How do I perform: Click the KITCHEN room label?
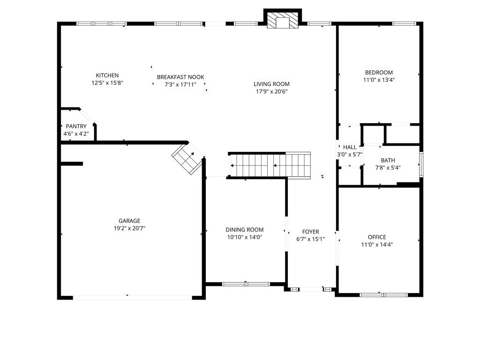pos(107,75)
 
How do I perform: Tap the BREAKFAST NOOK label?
pos(180,77)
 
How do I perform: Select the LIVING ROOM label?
pos(271,84)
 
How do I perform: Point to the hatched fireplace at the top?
pos(283,21)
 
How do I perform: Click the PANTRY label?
pos(76,127)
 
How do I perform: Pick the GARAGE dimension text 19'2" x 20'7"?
pos(129,228)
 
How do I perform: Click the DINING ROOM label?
pos(245,230)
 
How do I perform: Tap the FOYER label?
pos(310,232)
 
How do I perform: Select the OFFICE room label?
pos(377,237)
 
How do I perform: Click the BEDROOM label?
pos(379,73)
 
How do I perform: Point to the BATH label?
pos(388,160)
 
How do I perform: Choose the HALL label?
pos(350,147)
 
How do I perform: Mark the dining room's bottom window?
pos(246,284)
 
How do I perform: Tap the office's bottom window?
pos(383,295)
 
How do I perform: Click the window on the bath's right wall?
pos(421,165)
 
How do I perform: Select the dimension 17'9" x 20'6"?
pos(272,91)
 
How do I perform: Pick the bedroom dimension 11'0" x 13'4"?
pos(379,80)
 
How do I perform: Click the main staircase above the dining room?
pos(270,165)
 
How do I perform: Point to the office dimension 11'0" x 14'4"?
pos(377,245)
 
